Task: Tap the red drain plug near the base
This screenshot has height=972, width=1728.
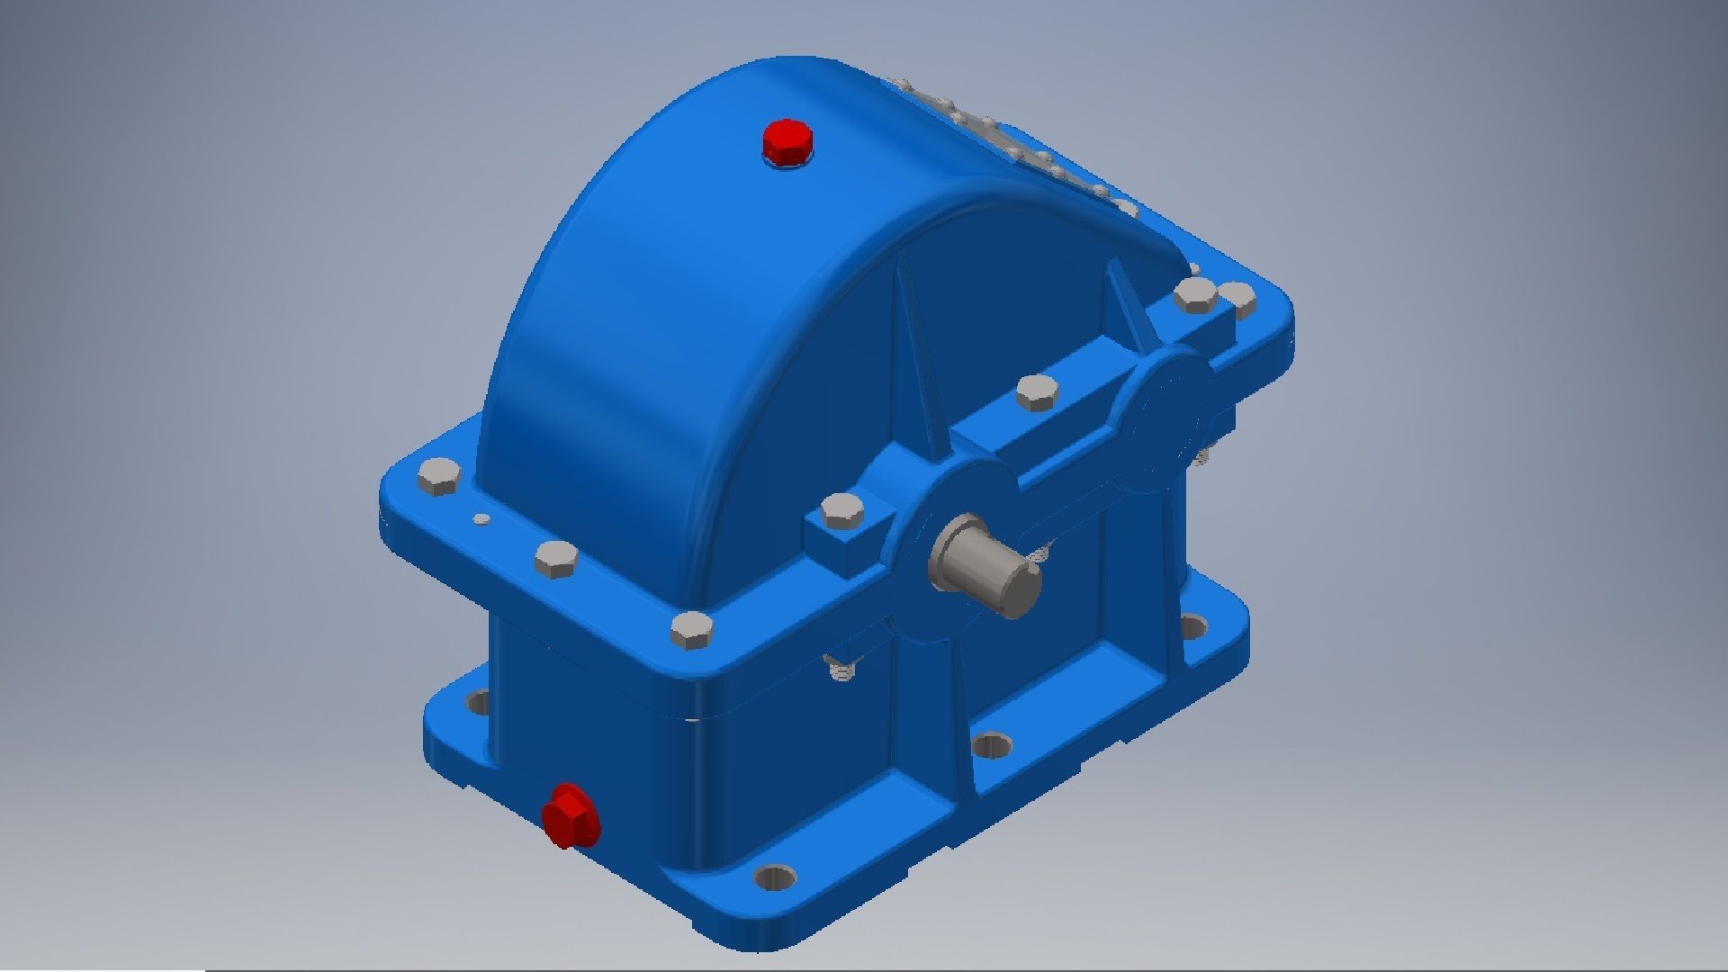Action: coord(569,815)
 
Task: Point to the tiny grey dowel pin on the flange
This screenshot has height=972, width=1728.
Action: coord(482,518)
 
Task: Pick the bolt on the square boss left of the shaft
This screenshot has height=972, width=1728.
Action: coord(843,512)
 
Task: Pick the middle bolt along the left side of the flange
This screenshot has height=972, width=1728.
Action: coord(555,560)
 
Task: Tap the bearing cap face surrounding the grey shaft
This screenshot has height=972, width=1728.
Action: coord(954,504)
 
